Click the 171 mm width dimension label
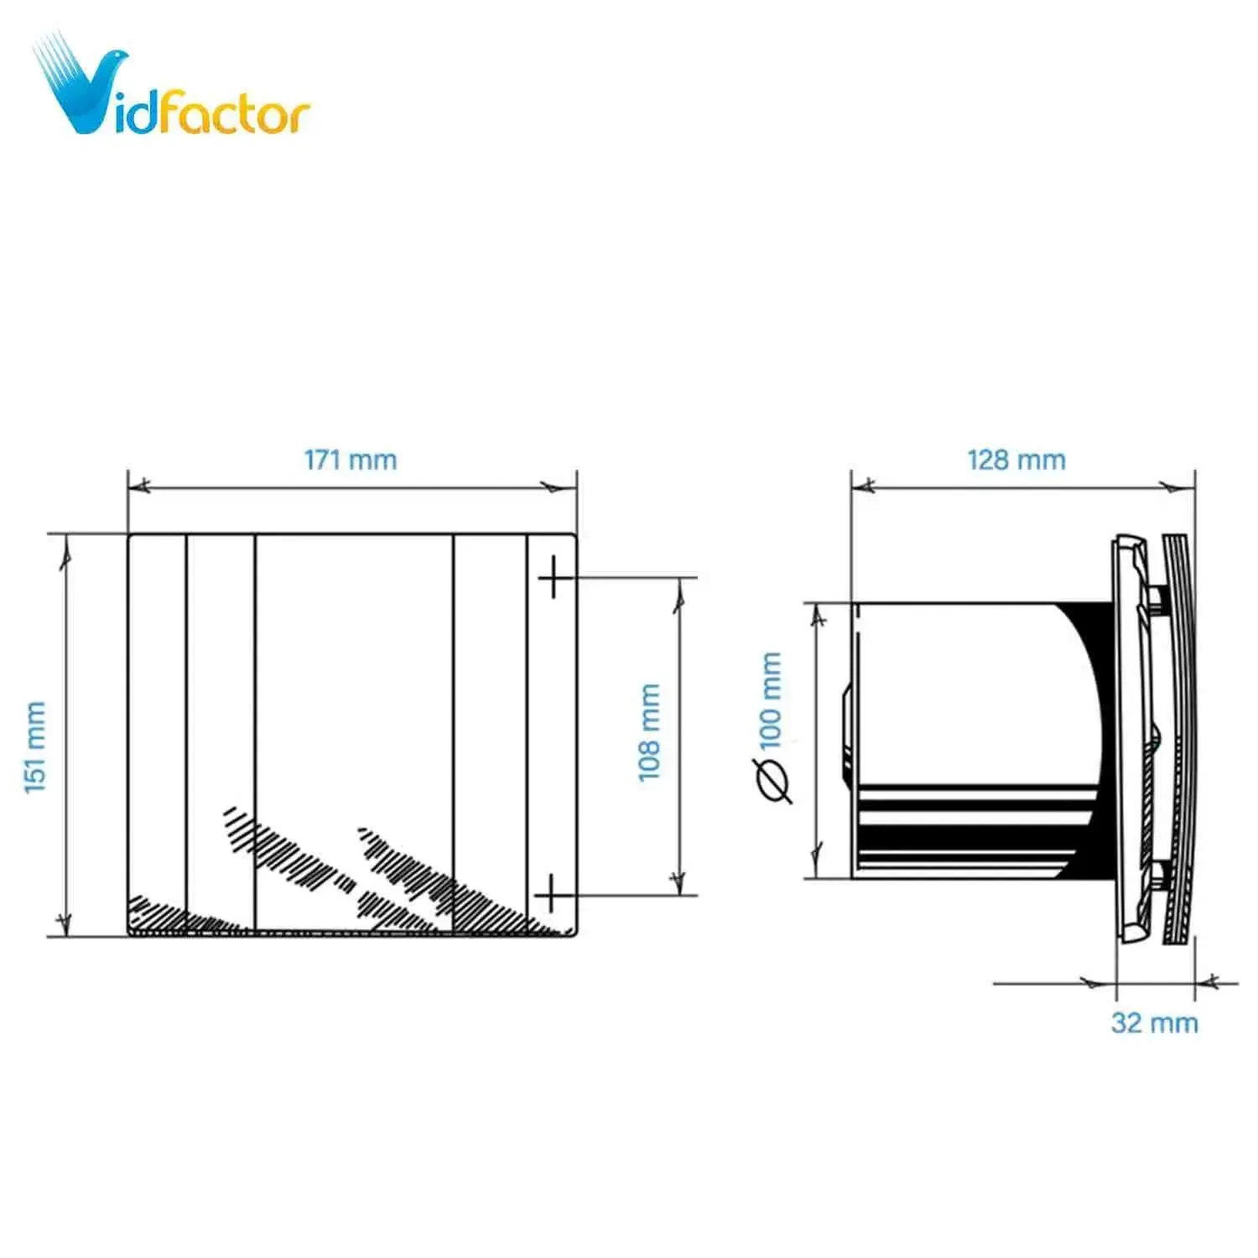350,460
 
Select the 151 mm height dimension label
35,747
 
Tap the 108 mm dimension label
650,732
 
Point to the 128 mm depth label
1016,460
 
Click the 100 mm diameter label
770,700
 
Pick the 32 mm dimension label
1154,1022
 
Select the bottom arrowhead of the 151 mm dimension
64,923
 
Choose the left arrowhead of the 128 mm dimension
865,486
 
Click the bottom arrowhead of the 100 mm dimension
816,864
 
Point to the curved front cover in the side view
1181,738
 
